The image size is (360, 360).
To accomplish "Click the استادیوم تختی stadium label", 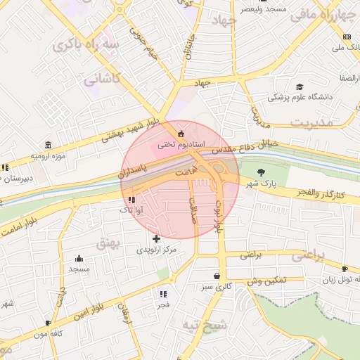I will pos(181,143).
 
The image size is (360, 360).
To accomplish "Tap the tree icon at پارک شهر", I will pos(262,172).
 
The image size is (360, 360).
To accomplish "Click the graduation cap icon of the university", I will pos(300,85).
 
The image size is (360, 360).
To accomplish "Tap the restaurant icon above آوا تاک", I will pos(131,200).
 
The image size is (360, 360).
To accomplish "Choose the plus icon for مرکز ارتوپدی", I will pos(156,238).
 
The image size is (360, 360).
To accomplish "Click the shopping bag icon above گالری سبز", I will pos(216,276).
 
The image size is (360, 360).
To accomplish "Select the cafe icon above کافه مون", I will pos(48,323).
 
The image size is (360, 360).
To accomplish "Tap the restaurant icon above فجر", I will pos(163,294).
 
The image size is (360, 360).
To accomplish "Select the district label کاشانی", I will pos(103,79).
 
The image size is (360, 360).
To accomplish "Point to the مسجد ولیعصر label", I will pos(263,10).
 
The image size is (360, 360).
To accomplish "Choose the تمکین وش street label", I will pos(266,280).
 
